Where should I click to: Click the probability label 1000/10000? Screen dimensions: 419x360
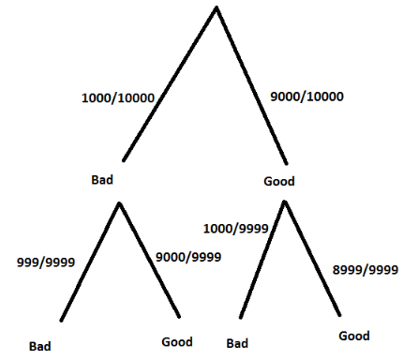[118, 98]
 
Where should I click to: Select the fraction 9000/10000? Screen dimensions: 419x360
[307, 97]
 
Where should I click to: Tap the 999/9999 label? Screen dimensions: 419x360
[46, 262]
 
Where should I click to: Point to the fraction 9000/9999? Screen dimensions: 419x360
[188, 257]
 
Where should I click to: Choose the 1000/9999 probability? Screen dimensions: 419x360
[236, 229]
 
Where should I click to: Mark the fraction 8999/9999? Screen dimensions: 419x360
[366, 270]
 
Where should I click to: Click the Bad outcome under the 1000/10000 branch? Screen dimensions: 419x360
[102, 180]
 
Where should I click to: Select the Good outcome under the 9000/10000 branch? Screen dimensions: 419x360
[279, 181]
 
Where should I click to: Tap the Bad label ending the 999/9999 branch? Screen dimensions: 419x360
[40, 346]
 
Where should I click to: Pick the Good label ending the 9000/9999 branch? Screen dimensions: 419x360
[177, 342]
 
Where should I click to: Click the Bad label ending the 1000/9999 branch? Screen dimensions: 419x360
[237, 343]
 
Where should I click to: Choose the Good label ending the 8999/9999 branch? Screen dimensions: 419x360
[354, 336]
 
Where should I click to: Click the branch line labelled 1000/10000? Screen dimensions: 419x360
[170, 83]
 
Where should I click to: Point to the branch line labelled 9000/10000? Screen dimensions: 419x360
[251, 85]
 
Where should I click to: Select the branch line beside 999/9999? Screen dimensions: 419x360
[90, 262]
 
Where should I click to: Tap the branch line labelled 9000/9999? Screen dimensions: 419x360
[149, 260]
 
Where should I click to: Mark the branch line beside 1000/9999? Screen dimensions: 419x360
[262, 260]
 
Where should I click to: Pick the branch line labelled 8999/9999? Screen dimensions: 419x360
[312, 259]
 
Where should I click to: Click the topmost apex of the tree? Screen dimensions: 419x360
[217, 7]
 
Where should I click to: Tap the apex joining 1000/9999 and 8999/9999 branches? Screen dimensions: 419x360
[285, 202]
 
